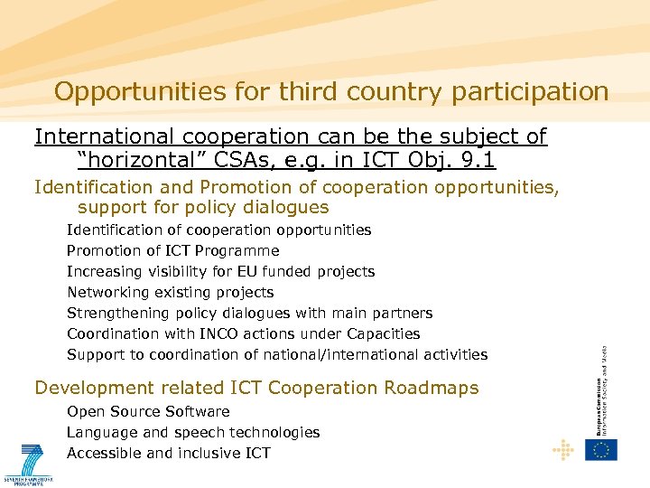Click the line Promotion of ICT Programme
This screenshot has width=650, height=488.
click(173, 250)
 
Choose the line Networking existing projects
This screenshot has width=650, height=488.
click(170, 292)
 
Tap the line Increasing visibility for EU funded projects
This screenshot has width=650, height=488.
click(220, 271)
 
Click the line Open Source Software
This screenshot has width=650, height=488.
click(148, 411)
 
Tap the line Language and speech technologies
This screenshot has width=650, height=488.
click(193, 432)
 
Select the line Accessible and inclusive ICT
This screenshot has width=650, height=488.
click(169, 453)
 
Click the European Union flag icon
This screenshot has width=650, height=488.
click(601, 449)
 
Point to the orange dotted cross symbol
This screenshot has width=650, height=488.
click(563, 449)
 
